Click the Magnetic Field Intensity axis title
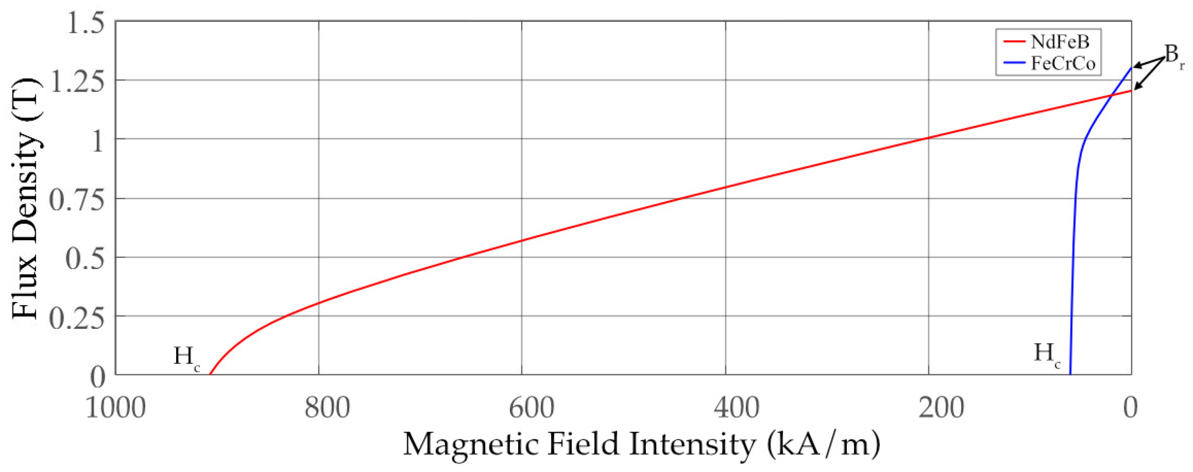point(641,444)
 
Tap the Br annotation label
point(1174,56)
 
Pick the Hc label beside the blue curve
point(1046,355)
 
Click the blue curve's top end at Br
point(1131,69)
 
